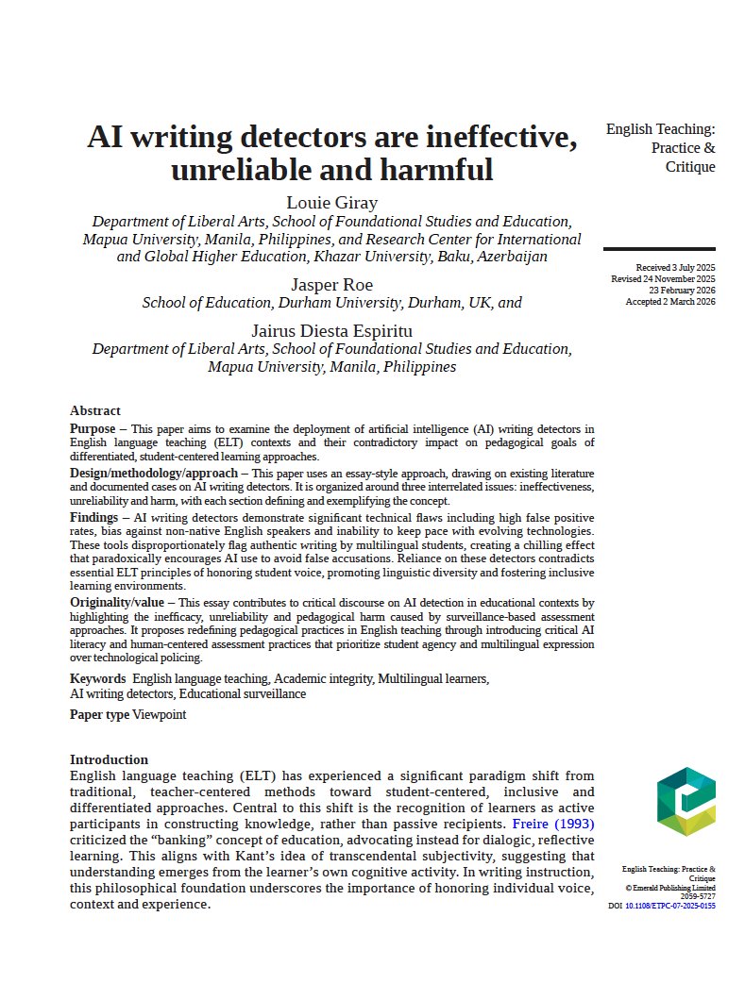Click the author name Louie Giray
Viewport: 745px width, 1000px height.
click(331, 203)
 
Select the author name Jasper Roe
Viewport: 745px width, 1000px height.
click(331, 284)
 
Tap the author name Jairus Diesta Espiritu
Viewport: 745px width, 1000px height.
click(331, 330)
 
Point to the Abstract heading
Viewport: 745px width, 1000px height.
click(95, 410)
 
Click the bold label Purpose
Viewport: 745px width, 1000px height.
click(93, 428)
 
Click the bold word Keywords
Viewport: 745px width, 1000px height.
click(98, 678)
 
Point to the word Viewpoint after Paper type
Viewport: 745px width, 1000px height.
click(159, 714)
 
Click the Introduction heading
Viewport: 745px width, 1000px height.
click(109, 759)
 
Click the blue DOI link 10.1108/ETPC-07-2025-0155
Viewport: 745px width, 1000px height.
click(670, 906)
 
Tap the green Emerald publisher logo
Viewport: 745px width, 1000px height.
click(686, 800)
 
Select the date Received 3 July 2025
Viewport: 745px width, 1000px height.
click(675, 268)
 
